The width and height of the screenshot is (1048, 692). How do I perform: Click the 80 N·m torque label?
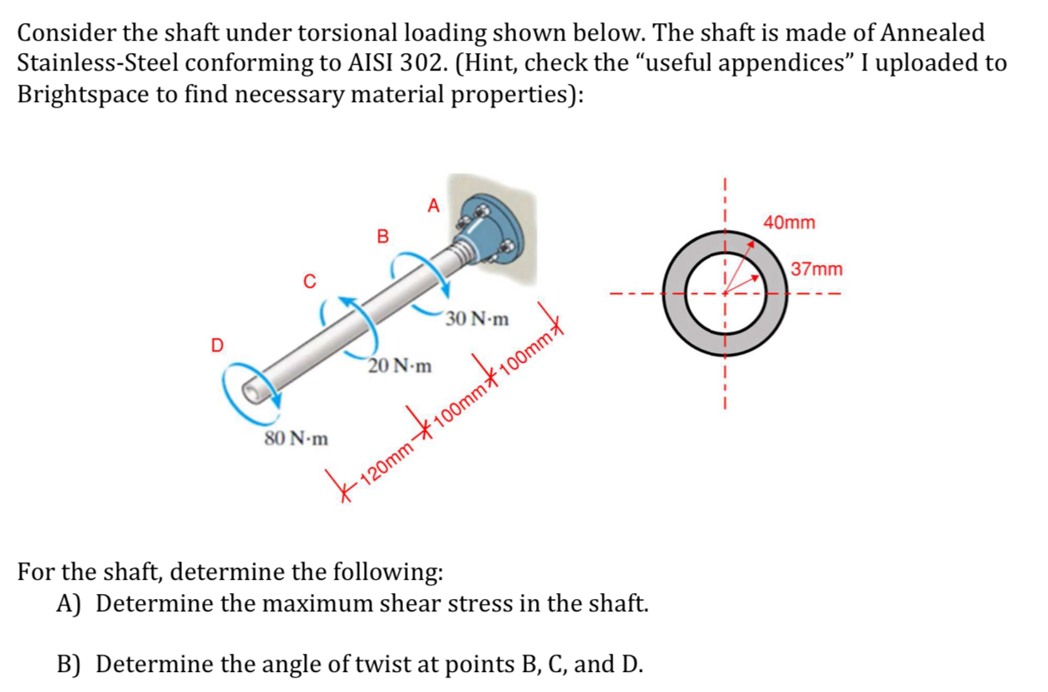296,438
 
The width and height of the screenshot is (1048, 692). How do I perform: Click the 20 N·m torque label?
401,366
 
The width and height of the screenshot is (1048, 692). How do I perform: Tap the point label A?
432,204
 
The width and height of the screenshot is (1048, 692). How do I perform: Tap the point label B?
382,237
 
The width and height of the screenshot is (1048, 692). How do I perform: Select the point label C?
308,282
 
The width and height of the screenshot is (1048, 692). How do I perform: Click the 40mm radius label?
789,223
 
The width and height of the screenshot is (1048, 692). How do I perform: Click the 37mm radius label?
817,270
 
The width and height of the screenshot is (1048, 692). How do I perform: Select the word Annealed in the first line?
932,33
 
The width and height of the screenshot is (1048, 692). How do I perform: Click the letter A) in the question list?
67,604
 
